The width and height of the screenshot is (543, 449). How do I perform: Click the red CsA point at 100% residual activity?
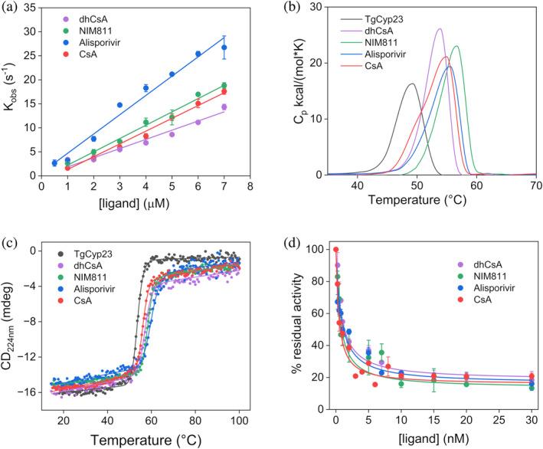click(x=335, y=249)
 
